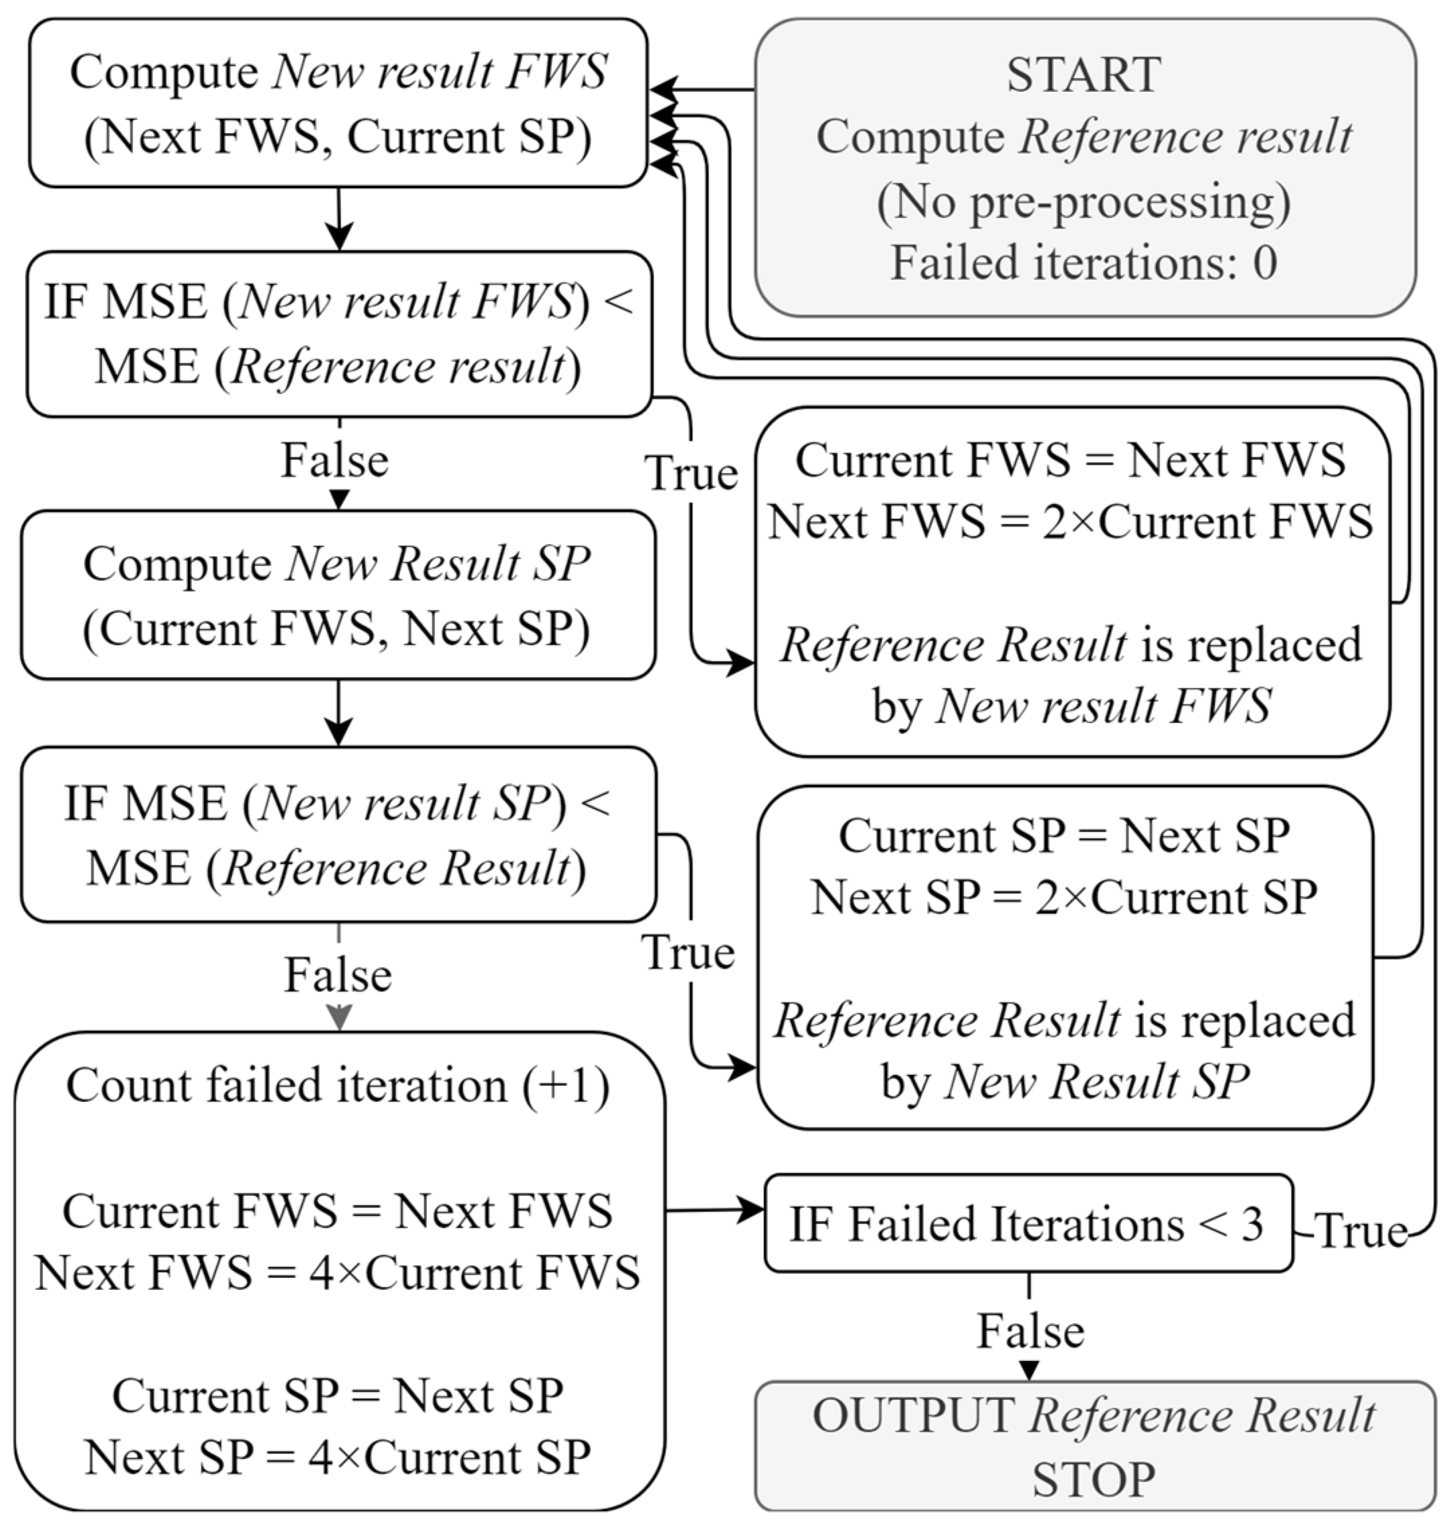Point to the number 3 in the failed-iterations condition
pos(1251,1224)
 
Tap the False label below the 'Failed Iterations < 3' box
pos(1030,1331)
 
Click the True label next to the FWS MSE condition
pos(691,473)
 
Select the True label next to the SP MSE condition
pos(688,952)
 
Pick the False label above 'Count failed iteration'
pos(338,974)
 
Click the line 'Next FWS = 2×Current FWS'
pos(1071,521)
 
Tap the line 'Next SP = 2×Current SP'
pos(1063,897)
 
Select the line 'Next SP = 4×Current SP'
pos(338,1457)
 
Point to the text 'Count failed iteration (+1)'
pos(338,1085)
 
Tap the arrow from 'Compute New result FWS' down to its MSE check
pos(338,220)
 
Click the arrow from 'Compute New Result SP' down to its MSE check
pos(338,714)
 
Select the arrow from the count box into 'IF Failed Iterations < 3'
pos(715,1209)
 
